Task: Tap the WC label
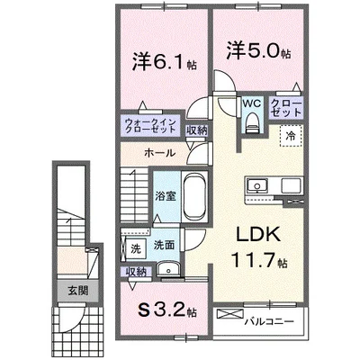coord(251,103)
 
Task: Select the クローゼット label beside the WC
coord(287,110)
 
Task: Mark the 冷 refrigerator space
coord(292,135)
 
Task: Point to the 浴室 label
coord(165,194)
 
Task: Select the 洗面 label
coord(165,244)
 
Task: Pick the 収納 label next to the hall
coord(197,130)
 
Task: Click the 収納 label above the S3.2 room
coord(137,272)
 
